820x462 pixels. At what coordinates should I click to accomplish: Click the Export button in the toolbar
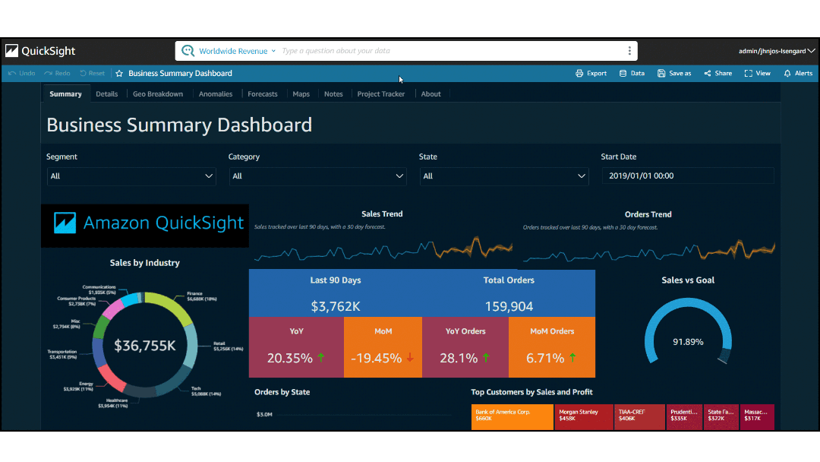pyautogui.click(x=591, y=74)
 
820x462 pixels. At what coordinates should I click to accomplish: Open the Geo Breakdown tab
pyautogui.click(x=158, y=94)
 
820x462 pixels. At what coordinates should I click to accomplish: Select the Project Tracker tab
pyautogui.click(x=380, y=94)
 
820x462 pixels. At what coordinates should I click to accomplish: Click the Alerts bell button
pyautogui.click(x=798, y=74)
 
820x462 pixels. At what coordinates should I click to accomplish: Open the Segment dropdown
pyautogui.click(x=131, y=176)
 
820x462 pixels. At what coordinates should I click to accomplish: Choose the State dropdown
pyautogui.click(x=503, y=176)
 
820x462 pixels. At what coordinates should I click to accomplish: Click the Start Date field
pyautogui.click(x=688, y=176)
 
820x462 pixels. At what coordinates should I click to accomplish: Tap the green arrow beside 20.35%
pyautogui.click(x=321, y=357)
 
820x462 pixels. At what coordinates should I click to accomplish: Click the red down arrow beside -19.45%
pyautogui.click(x=410, y=357)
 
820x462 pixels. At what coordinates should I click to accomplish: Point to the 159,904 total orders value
pyautogui.click(x=509, y=307)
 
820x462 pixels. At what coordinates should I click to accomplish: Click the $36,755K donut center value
pyautogui.click(x=145, y=346)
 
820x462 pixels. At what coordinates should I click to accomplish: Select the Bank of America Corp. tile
pyautogui.click(x=512, y=417)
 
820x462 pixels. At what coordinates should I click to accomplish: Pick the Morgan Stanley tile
pyautogui.click(x=583, y=417)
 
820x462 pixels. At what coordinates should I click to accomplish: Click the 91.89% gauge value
pyautogui.click(x=688, y=342)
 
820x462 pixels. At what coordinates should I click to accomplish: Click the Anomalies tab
pyautogui.click(x=216, y=94)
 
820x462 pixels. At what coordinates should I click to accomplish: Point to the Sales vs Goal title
pyautogui.click(x=688, y=280)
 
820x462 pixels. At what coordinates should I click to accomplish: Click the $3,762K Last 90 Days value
pyautogui.click(x=335, y=307)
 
